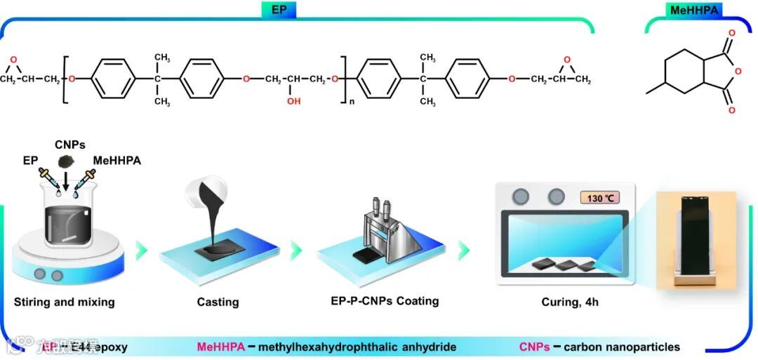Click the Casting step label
218,302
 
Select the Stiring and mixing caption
64,302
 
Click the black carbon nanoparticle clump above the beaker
69,160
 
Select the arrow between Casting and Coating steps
296,250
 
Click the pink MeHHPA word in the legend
220,347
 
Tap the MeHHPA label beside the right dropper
117,161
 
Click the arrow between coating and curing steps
464,250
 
